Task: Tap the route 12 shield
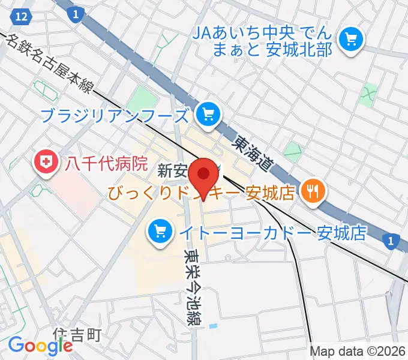pos(22,17)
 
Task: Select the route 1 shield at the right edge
pos(391,241)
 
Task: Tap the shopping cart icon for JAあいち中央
pos(349,40)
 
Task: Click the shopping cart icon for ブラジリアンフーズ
pos(208,113)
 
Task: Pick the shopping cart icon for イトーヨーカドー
pos(160,231)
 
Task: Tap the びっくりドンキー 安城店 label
pos(202,193)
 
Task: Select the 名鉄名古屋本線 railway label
pos(51,65)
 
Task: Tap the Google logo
pos(40,346)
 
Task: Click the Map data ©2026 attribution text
pos(358,352)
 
